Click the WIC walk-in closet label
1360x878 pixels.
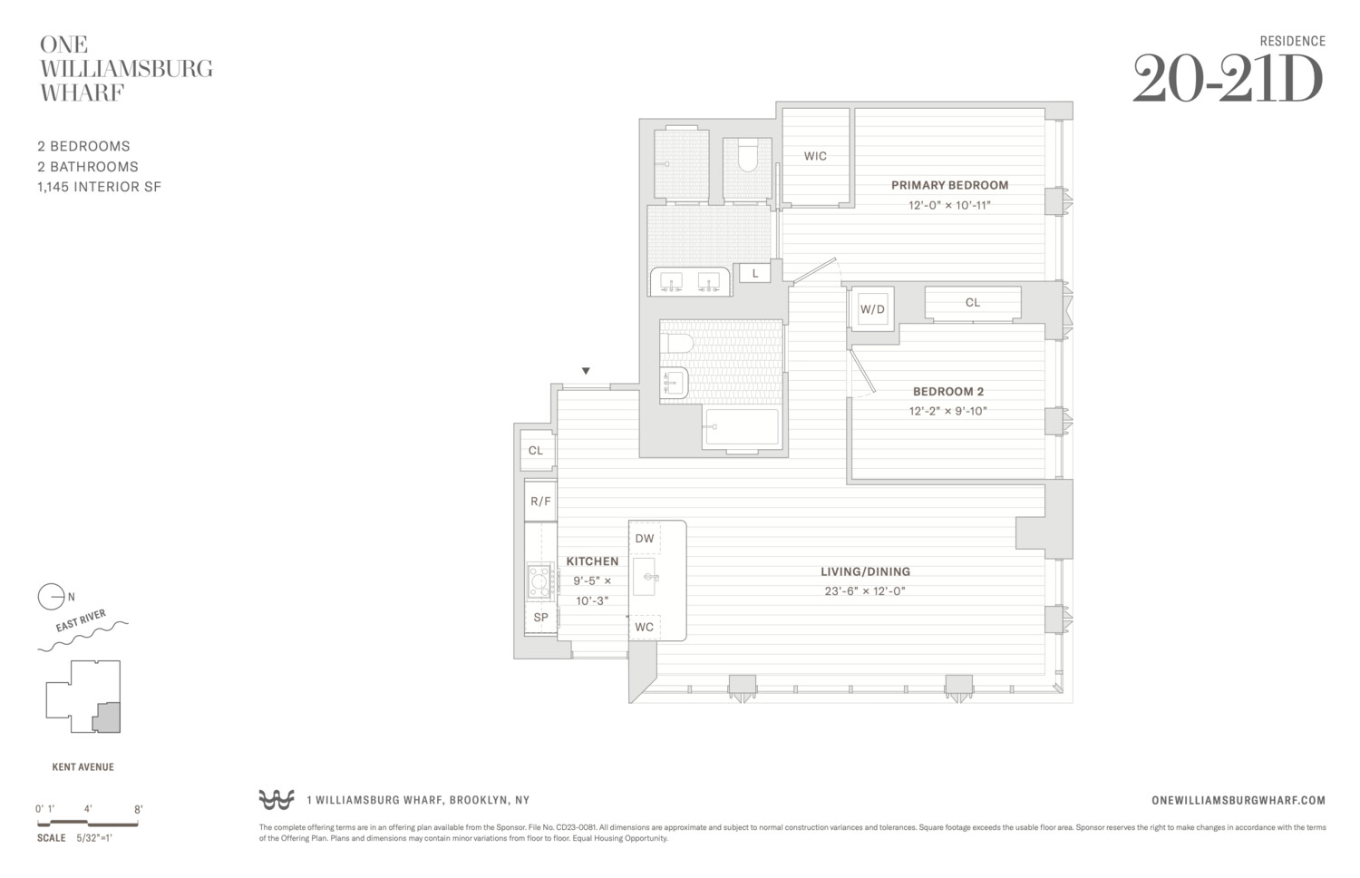pos(815,156)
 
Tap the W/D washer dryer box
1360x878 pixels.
pos(872,309)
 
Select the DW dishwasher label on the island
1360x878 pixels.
pos(645,539)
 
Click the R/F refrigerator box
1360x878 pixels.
pos(540,502)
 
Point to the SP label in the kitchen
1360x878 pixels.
pos(540,618)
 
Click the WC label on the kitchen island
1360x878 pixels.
pos(645,628)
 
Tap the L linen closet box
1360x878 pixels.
pos(755,273)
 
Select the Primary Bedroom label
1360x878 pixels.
pos(949,185)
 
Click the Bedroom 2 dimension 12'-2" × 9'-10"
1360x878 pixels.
pos(947,411)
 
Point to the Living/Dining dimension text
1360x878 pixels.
pos(865,591)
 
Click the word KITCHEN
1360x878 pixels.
pos(592,561)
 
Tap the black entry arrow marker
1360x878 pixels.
pos(586,371)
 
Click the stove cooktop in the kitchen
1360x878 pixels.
pos(540,581)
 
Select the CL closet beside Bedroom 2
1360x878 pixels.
pos(972,303)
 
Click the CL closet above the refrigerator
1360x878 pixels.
pos(536,451)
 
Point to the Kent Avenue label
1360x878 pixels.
pos(83,767)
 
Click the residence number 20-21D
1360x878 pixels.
pos(1228,81)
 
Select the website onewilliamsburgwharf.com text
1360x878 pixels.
pos(1238,800)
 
